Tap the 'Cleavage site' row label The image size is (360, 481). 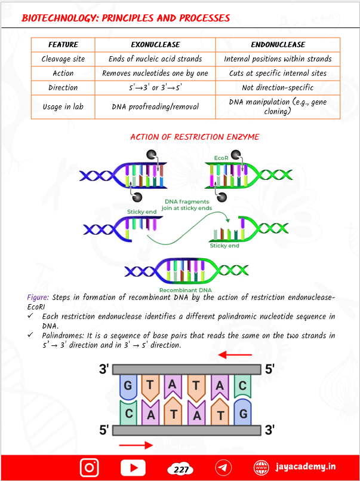point(63,59)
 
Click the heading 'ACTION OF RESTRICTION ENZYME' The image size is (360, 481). point(195,137)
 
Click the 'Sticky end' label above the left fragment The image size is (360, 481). point(140,212)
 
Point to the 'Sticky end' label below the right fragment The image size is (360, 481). point(224,245)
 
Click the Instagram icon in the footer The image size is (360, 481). point(90,467)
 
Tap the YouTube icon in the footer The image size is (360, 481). point(133,467)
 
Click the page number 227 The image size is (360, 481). point(180,469)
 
